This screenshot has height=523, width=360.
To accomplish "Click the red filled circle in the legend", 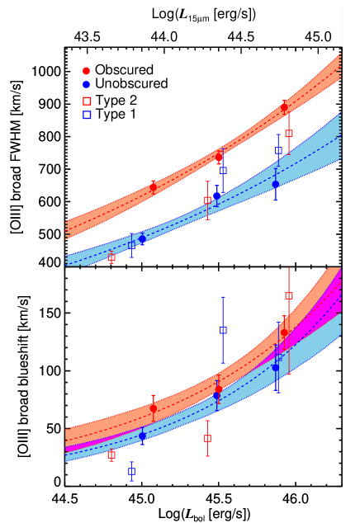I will (86, 71).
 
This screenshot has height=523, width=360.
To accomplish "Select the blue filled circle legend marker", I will (86, 84).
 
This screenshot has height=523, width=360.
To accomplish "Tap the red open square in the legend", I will (87, 101).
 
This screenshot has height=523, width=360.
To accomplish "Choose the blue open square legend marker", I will (87, 115).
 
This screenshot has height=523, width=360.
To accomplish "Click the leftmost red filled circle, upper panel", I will (153, 187).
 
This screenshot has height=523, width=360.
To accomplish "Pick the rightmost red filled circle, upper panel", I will (284, 107).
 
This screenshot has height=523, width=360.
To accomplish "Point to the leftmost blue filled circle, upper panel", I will (142, 238).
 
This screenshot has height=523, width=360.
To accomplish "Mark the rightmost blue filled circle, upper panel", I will (276, 184).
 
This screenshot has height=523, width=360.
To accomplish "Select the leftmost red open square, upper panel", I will (111, 257).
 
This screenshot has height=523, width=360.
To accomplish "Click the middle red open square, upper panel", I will (207, 200).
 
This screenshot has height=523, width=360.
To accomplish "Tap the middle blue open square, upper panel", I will (223, 171).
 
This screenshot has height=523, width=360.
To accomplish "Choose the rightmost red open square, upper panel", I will (289, 133).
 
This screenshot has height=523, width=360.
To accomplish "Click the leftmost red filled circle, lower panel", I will (153, 408).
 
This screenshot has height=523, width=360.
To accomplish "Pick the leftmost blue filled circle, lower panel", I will (142, 436).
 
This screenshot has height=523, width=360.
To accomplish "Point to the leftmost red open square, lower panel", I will (111, 455).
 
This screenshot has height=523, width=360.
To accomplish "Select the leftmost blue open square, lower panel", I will (131, 472).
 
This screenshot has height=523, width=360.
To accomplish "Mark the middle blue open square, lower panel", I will (223, 330).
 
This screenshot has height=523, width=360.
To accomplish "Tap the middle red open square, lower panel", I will (207, 438).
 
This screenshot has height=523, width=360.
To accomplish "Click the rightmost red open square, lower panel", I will (289, 295).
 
